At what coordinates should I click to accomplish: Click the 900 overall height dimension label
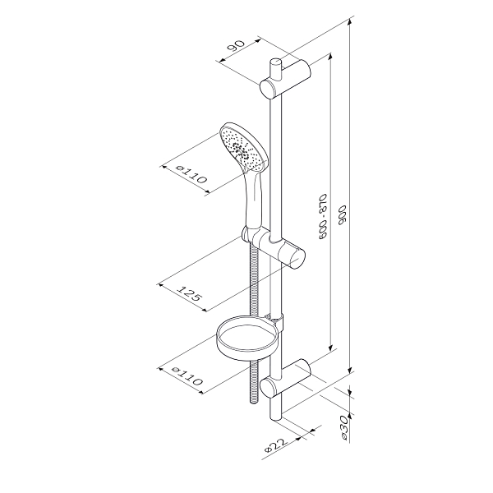pos(343,215)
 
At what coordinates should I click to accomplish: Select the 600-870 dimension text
pos(323,217)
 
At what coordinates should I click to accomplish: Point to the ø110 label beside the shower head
pos(191,175)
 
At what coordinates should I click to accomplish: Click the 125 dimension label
pos(189,293)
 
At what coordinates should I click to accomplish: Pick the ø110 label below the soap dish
pos(187,376)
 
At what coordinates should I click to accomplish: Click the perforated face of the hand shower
pos(242,147)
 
